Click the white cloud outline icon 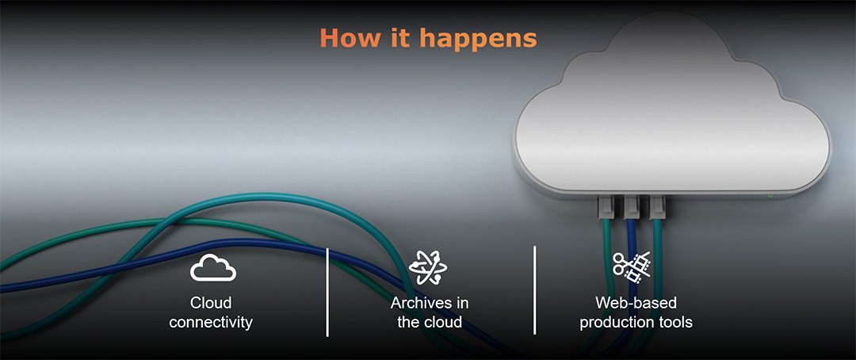(x=212, y=268)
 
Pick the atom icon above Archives (x=429, y=268)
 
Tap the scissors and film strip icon (x=632, y=268)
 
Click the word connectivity (x=211, y=323)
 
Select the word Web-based (x=636, y=303)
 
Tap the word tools (x=675, y=323)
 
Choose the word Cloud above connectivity (x=211, y=303)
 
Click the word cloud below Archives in (x=444, y=323)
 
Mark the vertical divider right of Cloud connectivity (x=327, y=291)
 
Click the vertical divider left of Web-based (x=535, y=289)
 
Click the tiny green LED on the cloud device (x=770, y=194)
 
